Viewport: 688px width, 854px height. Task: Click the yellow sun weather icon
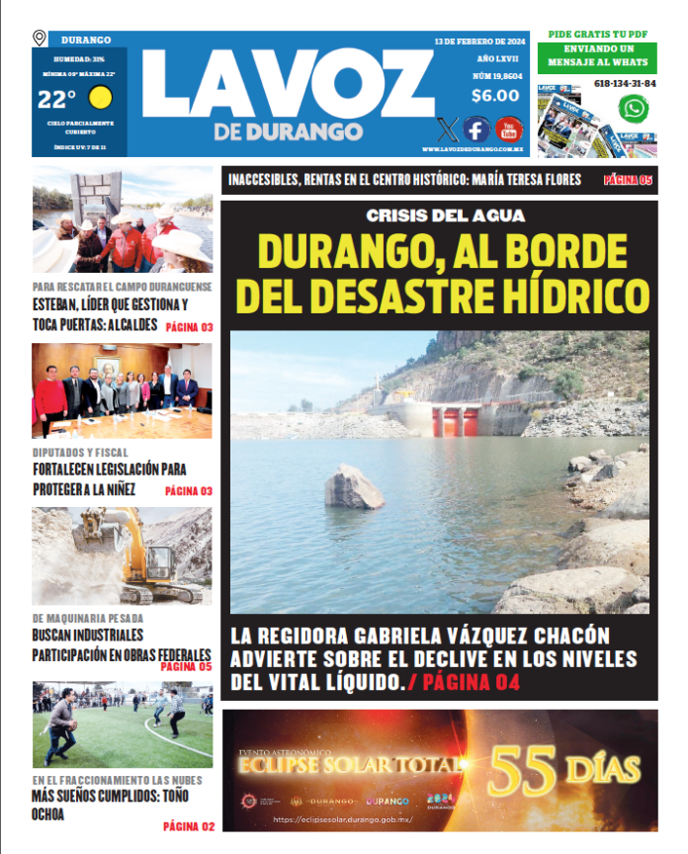click(x=100, y=98)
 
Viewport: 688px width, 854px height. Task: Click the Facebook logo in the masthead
click(x=476, y=129)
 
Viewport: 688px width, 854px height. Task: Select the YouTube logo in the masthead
click(x=509, y=129)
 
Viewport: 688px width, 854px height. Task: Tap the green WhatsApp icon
click(x=633, y=110)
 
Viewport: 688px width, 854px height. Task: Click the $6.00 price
click(x=495, y=96)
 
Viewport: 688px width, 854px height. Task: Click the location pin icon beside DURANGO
click(x=40, y=39)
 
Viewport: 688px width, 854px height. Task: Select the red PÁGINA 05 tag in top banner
click(x=629, y=180)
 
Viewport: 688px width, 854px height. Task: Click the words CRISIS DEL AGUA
click(x=445, y=215)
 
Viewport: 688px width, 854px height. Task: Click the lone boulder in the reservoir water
click(x=354, y=487)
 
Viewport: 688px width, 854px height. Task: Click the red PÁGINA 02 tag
click(x=188, y=825)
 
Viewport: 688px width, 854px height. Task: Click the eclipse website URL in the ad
click(x=342, y=819)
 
